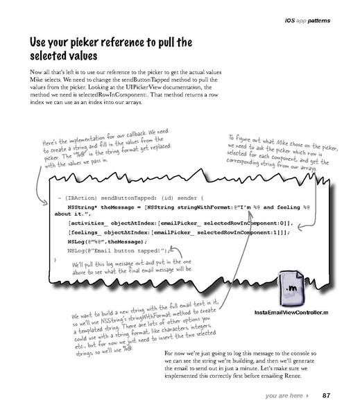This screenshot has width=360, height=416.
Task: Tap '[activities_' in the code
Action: (86, 223)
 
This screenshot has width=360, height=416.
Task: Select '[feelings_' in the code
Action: (84, 233)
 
